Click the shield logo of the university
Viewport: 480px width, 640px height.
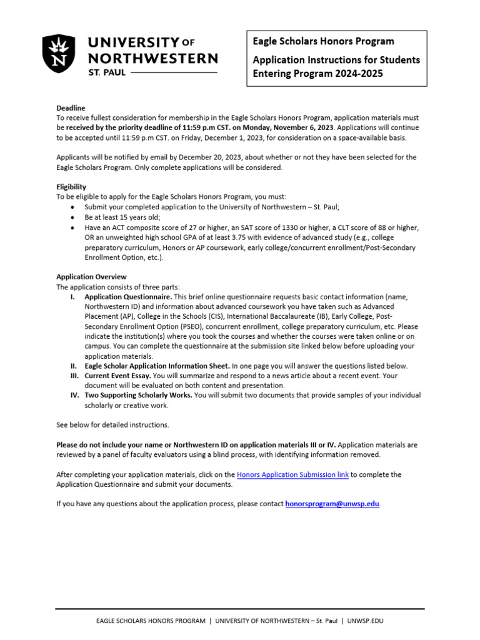tap(59, 54)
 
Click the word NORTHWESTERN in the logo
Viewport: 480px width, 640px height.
tap(152, 59)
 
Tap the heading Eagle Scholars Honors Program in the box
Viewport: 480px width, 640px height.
tap(322, 41)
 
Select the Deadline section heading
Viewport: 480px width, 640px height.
tap(71, 108)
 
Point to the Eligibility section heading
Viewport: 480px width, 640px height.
tap(71, 187)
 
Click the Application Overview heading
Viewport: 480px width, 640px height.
tap(91, 277)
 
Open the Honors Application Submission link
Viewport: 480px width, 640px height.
tap(292, 475)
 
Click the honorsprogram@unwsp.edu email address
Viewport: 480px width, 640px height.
tap(332, 504)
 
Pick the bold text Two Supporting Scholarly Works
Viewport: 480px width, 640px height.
tap(138, 396)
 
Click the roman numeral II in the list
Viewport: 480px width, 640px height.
tap(73, 366)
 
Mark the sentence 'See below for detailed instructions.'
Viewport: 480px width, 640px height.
tap(112, 425)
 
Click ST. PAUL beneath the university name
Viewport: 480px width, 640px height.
tap(106, 73)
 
